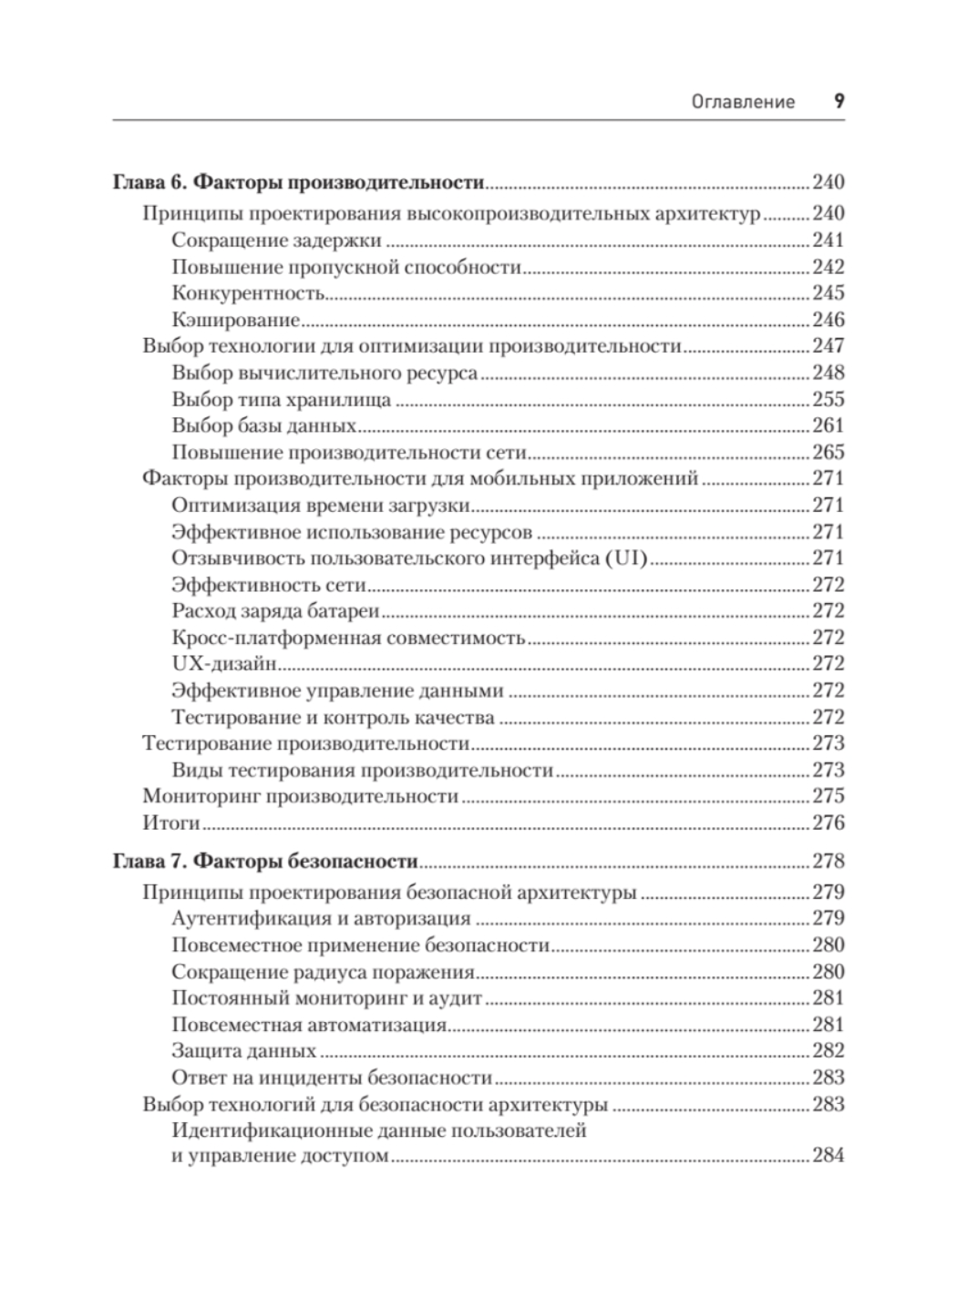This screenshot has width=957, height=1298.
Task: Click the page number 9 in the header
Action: click(839, 101)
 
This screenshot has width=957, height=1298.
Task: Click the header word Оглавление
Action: click(743, 102)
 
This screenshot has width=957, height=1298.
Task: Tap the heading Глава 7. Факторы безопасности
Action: click(264, 861)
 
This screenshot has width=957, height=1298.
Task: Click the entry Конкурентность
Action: click(248, 293)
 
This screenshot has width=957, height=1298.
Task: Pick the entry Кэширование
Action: click(235, 320)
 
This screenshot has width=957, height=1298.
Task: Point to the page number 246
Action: click(828, 320)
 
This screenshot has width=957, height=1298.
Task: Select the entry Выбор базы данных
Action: click(263, 425)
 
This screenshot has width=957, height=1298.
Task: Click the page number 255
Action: click(828, 399)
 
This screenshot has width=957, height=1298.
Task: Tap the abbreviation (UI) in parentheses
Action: click(625, 558)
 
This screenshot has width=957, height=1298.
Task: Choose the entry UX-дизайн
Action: click(224, 664)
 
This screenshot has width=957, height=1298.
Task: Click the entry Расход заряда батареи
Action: click(275, 611)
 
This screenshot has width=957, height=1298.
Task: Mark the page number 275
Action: click(828, 796)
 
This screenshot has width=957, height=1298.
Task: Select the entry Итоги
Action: click(171, 823)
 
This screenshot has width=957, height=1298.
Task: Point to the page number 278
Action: click(828, 861)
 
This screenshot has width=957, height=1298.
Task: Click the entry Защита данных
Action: click(243, 1051)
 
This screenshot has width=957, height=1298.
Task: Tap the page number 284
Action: click(828, 1157)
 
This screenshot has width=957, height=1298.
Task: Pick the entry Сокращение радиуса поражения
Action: click(324, 972)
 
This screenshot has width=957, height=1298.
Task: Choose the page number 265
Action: click(828, 452)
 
